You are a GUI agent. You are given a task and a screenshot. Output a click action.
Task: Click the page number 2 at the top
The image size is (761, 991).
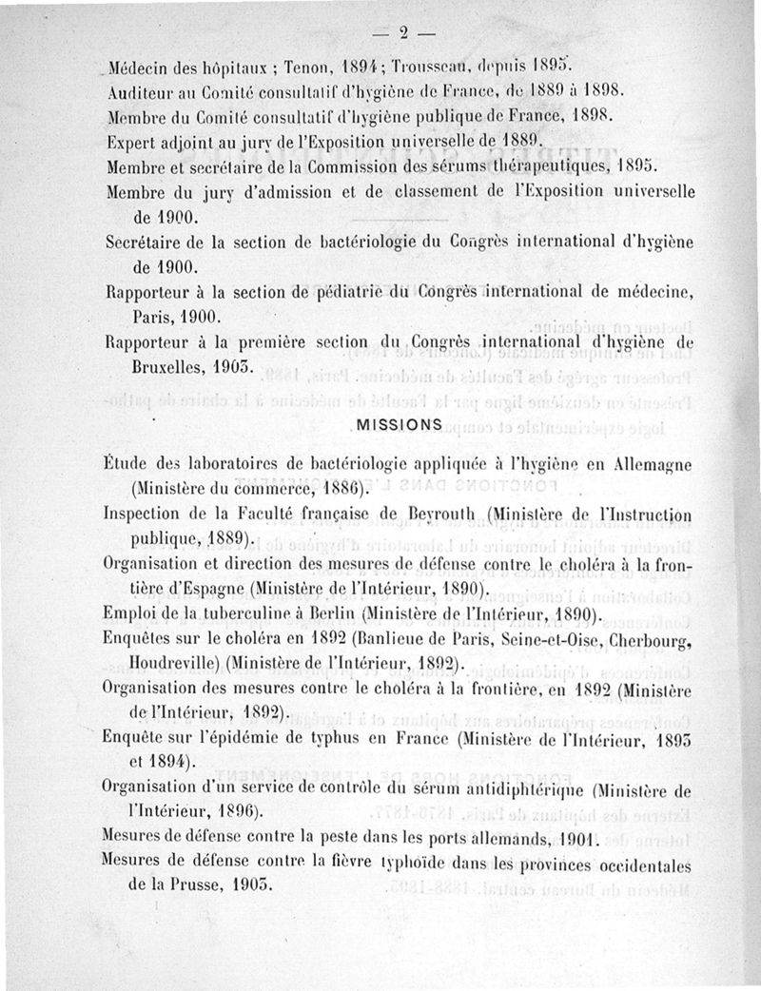(402, 34)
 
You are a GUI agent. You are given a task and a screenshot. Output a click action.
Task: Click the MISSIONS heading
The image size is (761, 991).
(398, 425)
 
